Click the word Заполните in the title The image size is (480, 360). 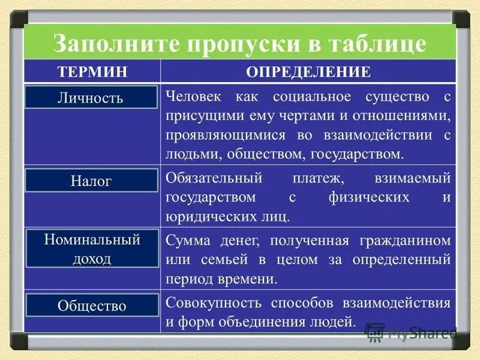pos(107,44)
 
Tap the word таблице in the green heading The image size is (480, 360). pos(379,44)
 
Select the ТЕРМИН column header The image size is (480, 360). pos(92,72)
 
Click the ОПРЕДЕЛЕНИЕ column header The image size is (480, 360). pos(308,72)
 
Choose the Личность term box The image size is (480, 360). pos(91,97)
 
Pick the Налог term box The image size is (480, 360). pos(91,181)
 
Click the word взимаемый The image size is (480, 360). pos(412,178)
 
